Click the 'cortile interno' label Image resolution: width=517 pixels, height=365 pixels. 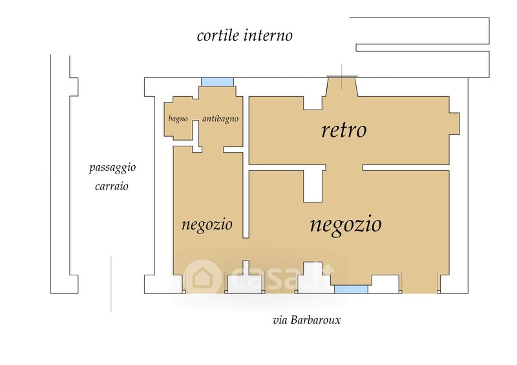tap(245, 35)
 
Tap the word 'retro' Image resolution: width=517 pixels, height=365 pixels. tap(344, 130)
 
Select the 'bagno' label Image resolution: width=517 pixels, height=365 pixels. tap(178, 119)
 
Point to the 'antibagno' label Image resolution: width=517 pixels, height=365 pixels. tap(220, 119)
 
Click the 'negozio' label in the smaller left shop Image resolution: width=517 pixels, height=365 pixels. tap(207, 224)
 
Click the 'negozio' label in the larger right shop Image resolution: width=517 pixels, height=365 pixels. tap(346, 224)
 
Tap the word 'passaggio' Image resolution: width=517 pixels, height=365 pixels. tap(112, 168)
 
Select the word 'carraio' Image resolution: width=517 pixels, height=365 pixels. tap(111, 186)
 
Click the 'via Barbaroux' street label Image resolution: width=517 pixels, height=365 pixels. tap(306, 320)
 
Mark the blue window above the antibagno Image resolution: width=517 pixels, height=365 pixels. tap(218, 82)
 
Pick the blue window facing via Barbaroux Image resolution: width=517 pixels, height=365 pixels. tap(351, 290)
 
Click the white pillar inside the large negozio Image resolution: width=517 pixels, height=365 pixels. tap(313, 186)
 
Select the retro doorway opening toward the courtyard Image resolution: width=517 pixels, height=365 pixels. tap(342, 86)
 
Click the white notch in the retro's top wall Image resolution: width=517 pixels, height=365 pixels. tap(313, 103)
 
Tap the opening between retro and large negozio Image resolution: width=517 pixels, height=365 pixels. tap(344, 168)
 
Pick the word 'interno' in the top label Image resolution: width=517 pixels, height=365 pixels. tap(268, 35)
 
